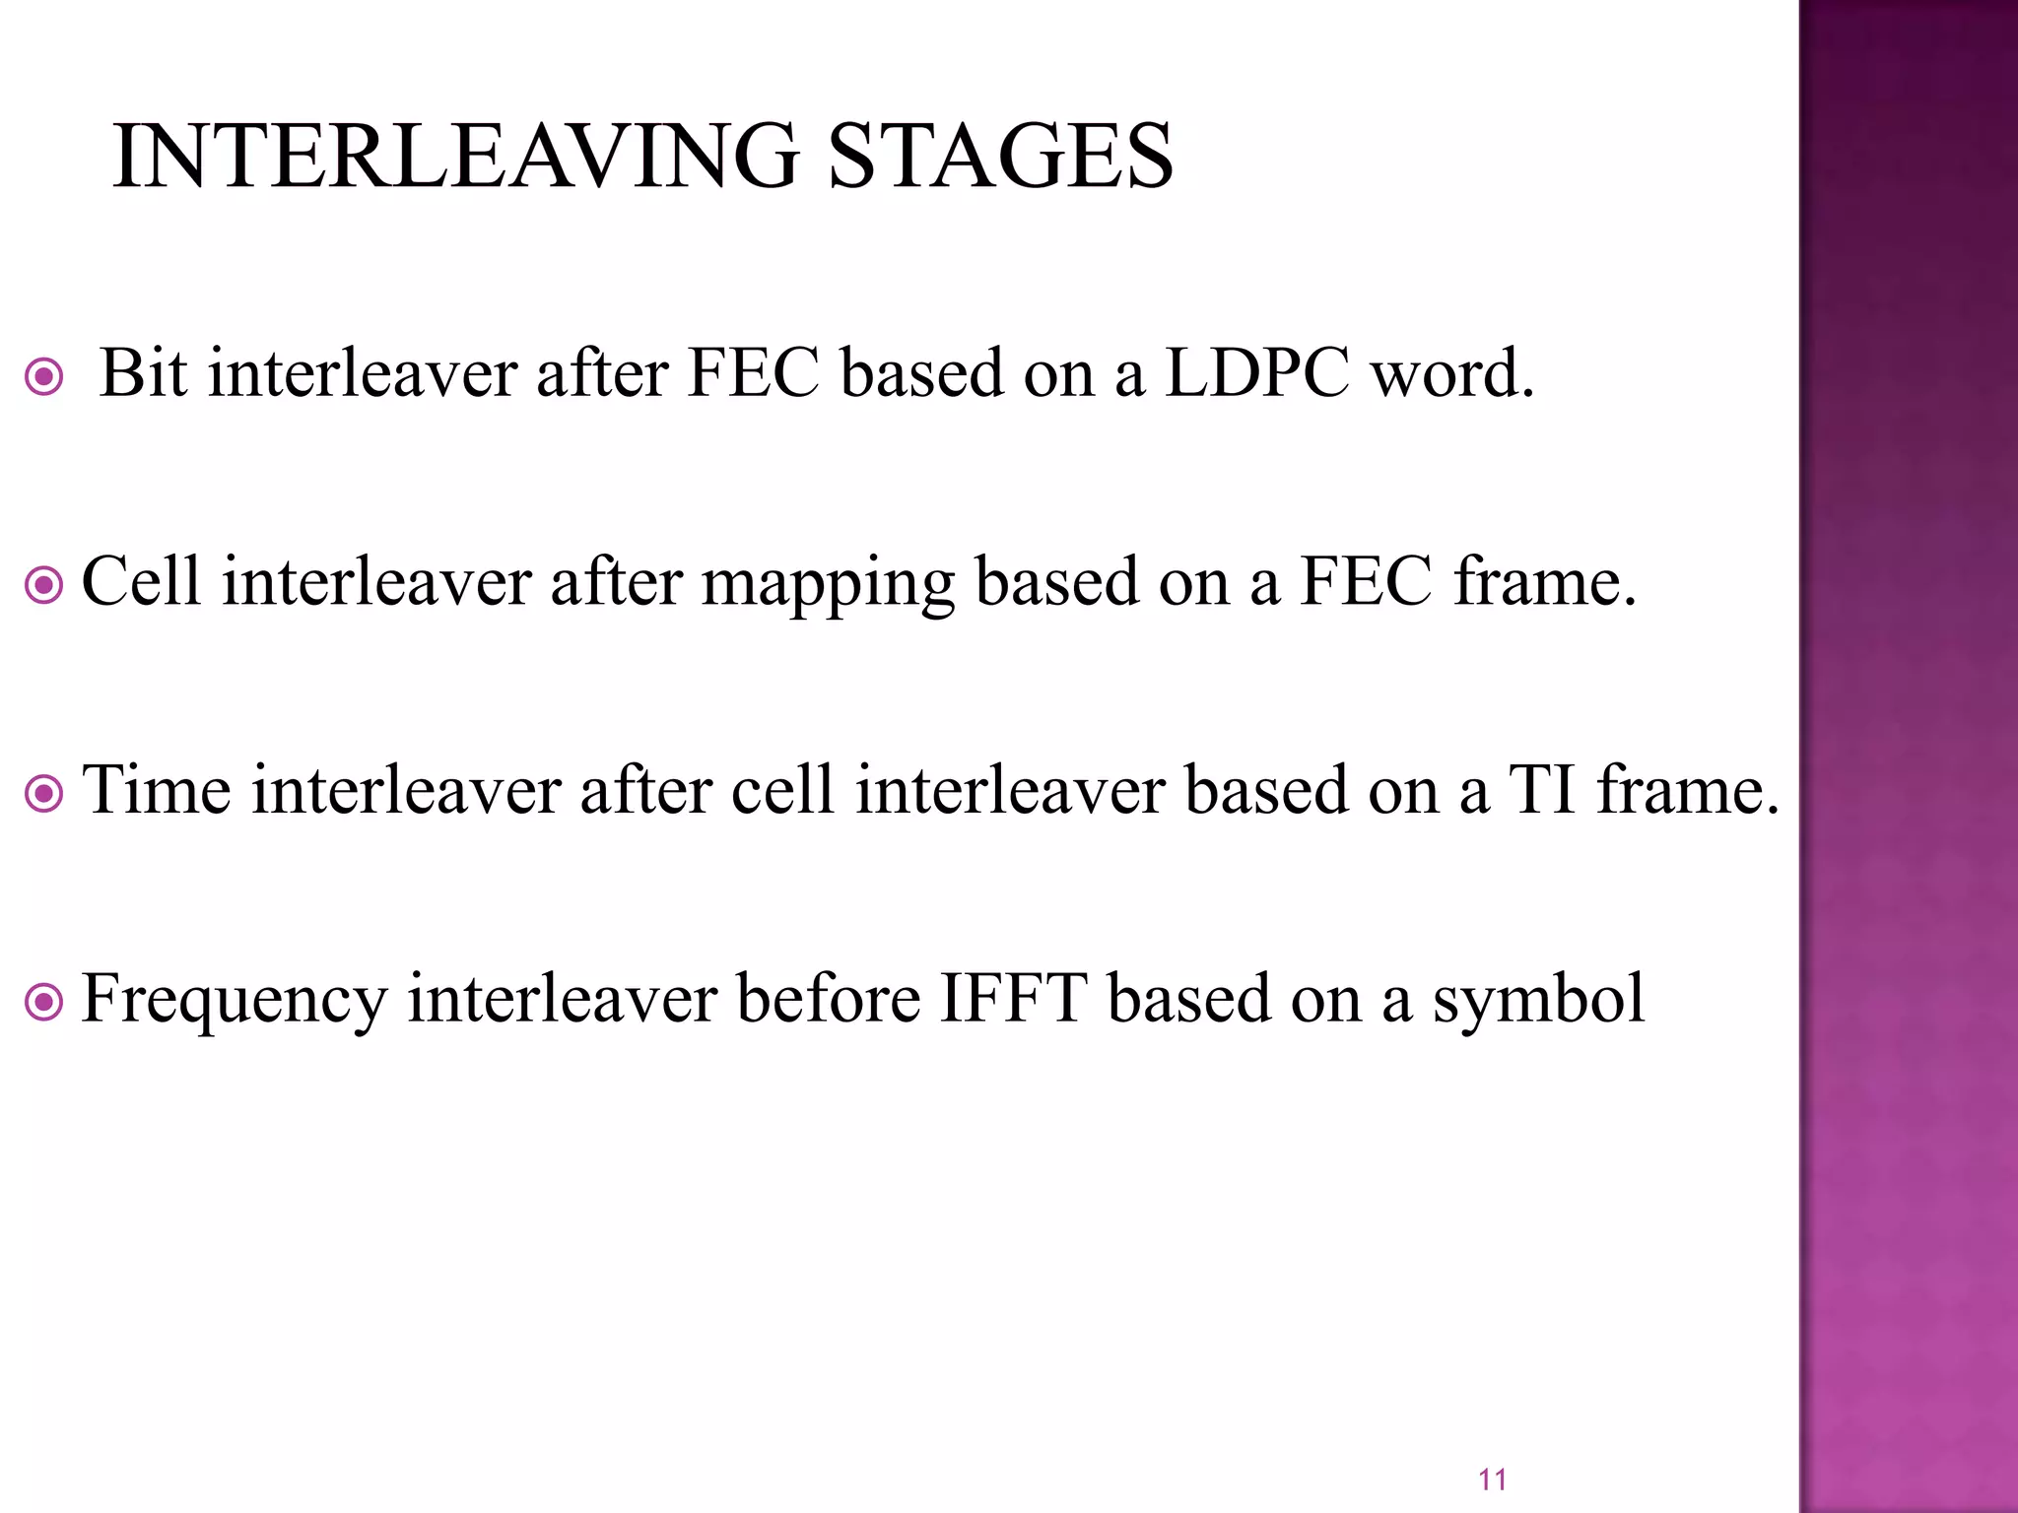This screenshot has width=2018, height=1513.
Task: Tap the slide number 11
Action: click(1492, 1479)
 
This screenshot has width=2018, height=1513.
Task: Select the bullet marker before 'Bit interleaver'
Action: click(43, 376)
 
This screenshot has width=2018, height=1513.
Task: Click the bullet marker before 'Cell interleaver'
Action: click(43, 585)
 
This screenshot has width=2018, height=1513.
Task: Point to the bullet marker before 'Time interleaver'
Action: click(43, 794)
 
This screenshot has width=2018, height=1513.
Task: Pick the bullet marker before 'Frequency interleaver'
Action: click(43, 1003)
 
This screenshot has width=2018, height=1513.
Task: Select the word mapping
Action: click(827, 583)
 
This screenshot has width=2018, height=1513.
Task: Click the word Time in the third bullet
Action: click(156, 790)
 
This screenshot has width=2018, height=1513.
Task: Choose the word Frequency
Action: click(234, 1001)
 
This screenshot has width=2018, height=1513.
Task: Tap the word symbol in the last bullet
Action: click(1538, 1001)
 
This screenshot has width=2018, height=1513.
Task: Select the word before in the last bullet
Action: click(827, 999)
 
